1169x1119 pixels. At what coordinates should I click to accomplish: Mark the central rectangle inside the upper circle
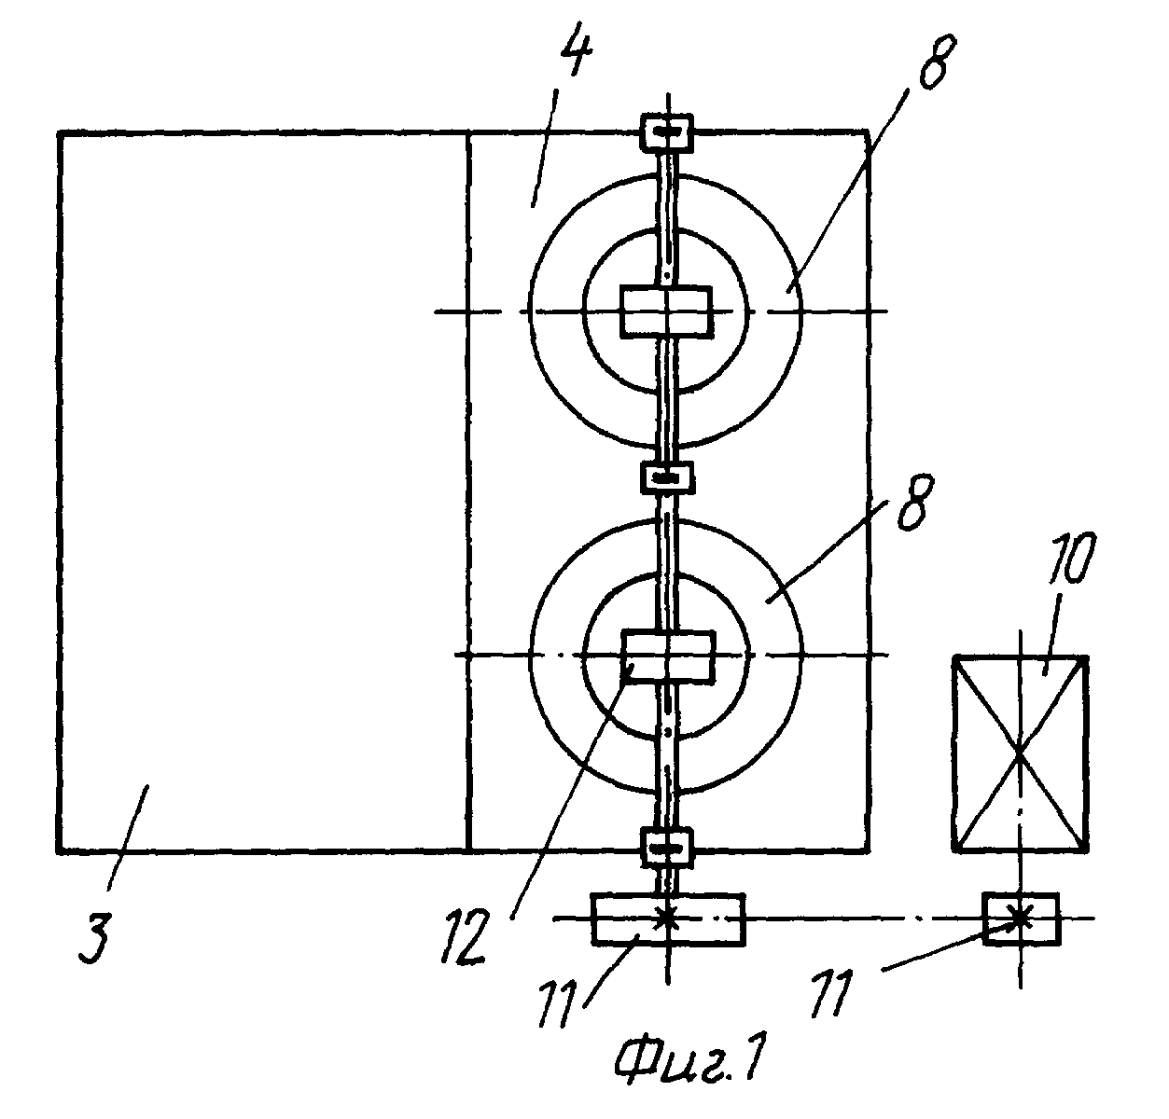pyautogui.click(x=666, y=311)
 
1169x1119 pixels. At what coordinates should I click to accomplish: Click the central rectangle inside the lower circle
pyautogui.click(x=666, y=656)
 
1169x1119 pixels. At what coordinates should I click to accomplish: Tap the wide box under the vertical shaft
pyautogui.click(x=667, y=918)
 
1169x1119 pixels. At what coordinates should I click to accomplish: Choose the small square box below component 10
pyautogui.click(x=1021, y=918)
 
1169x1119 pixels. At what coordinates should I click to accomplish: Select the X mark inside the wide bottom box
pyautogui.click(x=666, y=917)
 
